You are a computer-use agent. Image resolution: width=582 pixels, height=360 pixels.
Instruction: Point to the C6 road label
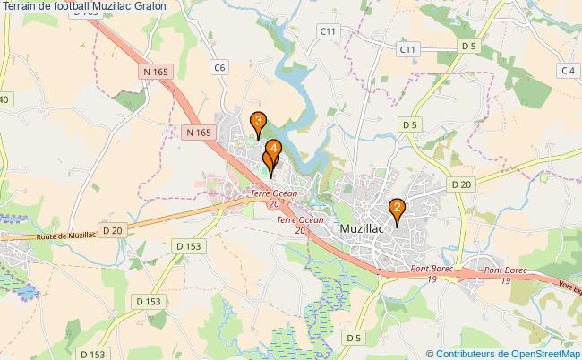pyautogui.click(x=220, y=66)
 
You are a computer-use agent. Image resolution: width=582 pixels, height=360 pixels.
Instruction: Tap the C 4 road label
pyautogui.click(x=566, y=70)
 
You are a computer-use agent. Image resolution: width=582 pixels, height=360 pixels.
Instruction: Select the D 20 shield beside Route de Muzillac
pyautogui.click(x=112, y=230)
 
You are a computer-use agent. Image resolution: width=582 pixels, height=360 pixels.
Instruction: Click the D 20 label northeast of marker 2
pyautogui.click(x=461, y=184)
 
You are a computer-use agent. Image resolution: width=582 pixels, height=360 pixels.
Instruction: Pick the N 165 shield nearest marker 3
pyautogui.click(x=200, y=132)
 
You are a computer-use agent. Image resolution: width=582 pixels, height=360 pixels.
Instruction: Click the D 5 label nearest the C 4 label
pyautogui.click(x=467, y=45)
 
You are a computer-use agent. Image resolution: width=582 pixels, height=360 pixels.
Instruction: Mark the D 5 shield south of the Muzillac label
pyautogui.click(x=354, y=337)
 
